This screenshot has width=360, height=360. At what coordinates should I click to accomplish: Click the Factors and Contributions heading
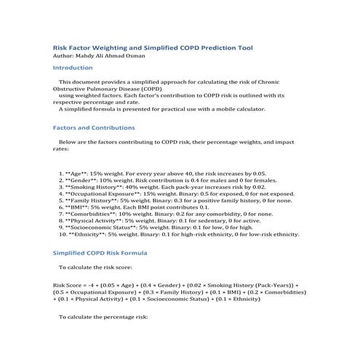point(95,127)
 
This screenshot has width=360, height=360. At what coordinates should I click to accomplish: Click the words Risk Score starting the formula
point(69,284)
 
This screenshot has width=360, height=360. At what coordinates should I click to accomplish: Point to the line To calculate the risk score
point(99,268)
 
